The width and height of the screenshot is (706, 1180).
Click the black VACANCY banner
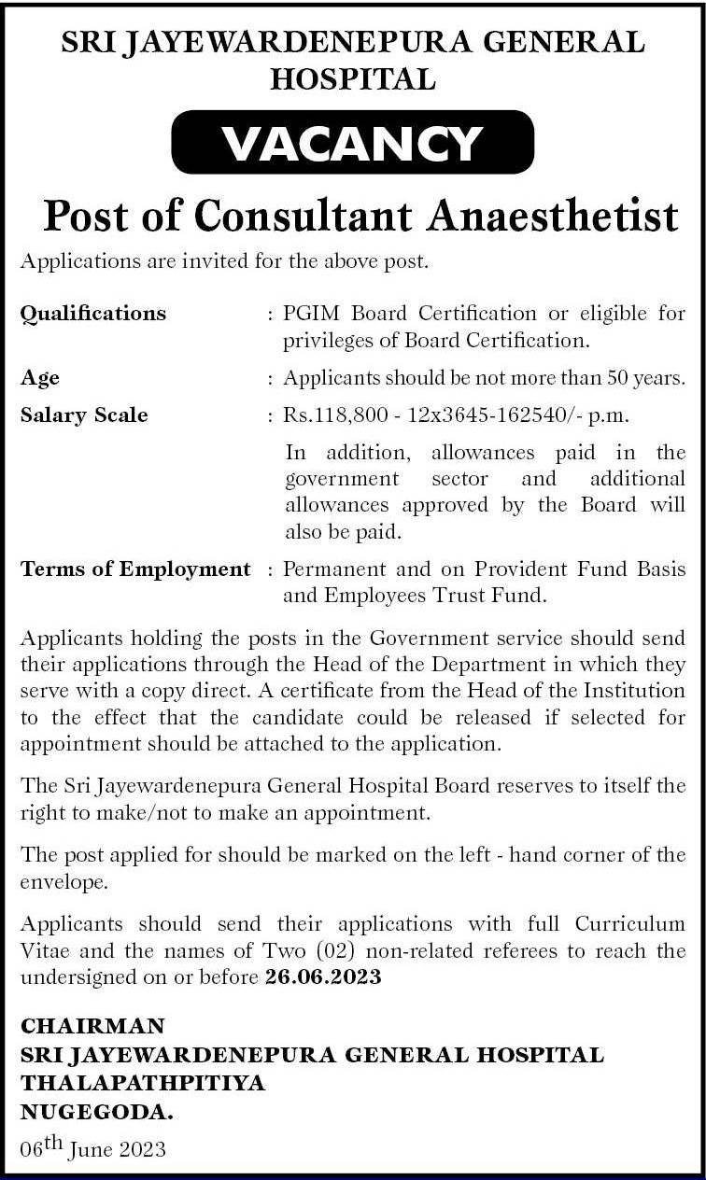[353, 142]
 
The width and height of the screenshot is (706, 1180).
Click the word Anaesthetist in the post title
[553, 216]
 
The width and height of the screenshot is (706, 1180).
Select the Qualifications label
[93, 314]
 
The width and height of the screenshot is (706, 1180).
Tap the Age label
[40, 378]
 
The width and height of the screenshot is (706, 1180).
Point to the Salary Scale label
[84, 414]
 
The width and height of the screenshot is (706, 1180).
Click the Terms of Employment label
[135, 569]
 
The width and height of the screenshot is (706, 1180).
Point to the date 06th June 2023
[92, 1148]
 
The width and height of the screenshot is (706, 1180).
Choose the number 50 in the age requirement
[623, 378]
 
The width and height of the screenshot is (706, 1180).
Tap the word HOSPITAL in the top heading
[353, 79]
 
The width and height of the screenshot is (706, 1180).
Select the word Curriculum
[630, 924]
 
